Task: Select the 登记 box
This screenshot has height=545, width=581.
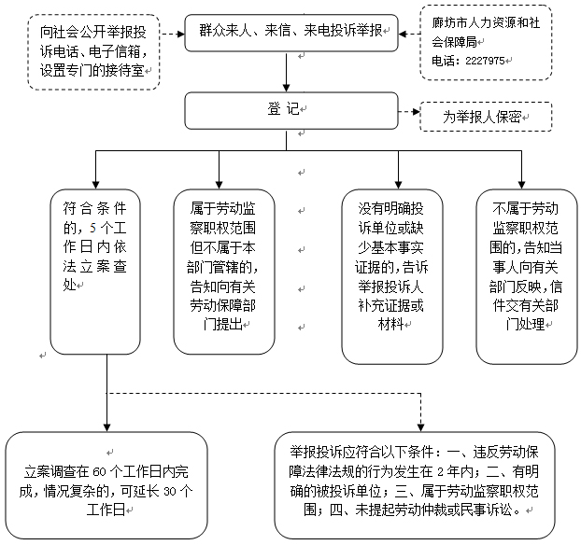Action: (x=291, y=111)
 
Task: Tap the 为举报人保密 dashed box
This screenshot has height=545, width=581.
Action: (x=486, y=117)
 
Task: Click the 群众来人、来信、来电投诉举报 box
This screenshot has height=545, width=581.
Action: (x=291, y=33)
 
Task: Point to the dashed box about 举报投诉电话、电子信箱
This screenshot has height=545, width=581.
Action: (x=93, y=52)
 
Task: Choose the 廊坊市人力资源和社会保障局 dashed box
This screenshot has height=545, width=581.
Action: (x=486, y=43)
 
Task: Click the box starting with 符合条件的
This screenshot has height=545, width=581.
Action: (x=95, y=272)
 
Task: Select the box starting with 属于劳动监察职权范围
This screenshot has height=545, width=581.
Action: (x=224, y=272)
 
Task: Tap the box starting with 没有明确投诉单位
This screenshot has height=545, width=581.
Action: (x=392, y=277)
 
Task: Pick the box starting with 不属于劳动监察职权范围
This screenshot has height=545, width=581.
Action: (x=527, y=277)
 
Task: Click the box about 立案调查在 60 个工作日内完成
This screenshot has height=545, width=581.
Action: (x=106, y=485)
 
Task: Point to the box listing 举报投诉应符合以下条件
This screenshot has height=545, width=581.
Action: (x=415, y=485)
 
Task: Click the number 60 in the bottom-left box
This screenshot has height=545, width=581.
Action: (x=100, y=472)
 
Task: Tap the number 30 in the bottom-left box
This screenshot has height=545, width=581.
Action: (x=170, y=491)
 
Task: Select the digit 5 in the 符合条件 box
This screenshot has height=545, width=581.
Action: (x=92, y=228)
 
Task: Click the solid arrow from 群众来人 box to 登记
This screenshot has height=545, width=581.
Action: (x=286, y=72)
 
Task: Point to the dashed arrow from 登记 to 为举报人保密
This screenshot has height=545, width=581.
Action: (x=409, y=111)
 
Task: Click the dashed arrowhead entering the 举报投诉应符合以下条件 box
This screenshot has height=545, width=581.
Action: (x=420, y=427)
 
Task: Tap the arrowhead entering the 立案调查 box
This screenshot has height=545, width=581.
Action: (x=106, y=427)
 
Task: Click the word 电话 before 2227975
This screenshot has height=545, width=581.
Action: (x=443, y=61)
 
